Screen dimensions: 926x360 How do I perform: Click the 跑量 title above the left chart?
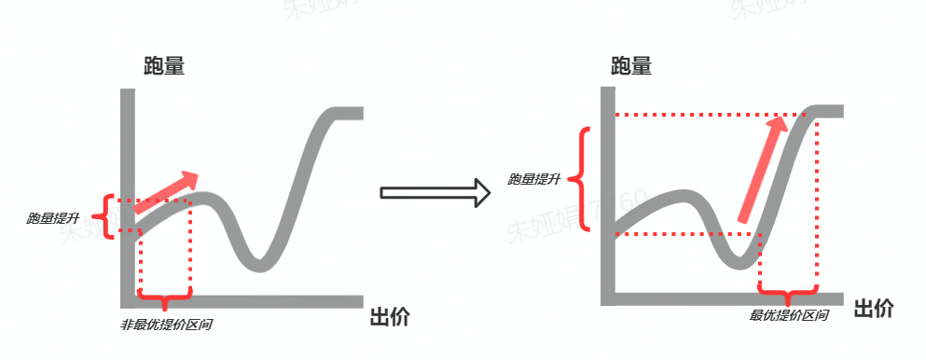[163, 66]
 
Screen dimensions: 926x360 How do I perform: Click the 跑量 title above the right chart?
[631, 66]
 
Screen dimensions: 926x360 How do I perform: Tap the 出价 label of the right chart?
[873, 309]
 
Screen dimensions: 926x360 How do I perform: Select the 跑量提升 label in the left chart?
[53, 218]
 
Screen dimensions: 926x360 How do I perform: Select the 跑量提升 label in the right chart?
[533, 179]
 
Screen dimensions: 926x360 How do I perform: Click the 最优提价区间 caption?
[789, 315]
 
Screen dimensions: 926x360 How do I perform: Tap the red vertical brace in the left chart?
[108, 216]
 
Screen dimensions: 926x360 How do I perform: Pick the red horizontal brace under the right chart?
[790, 298]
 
